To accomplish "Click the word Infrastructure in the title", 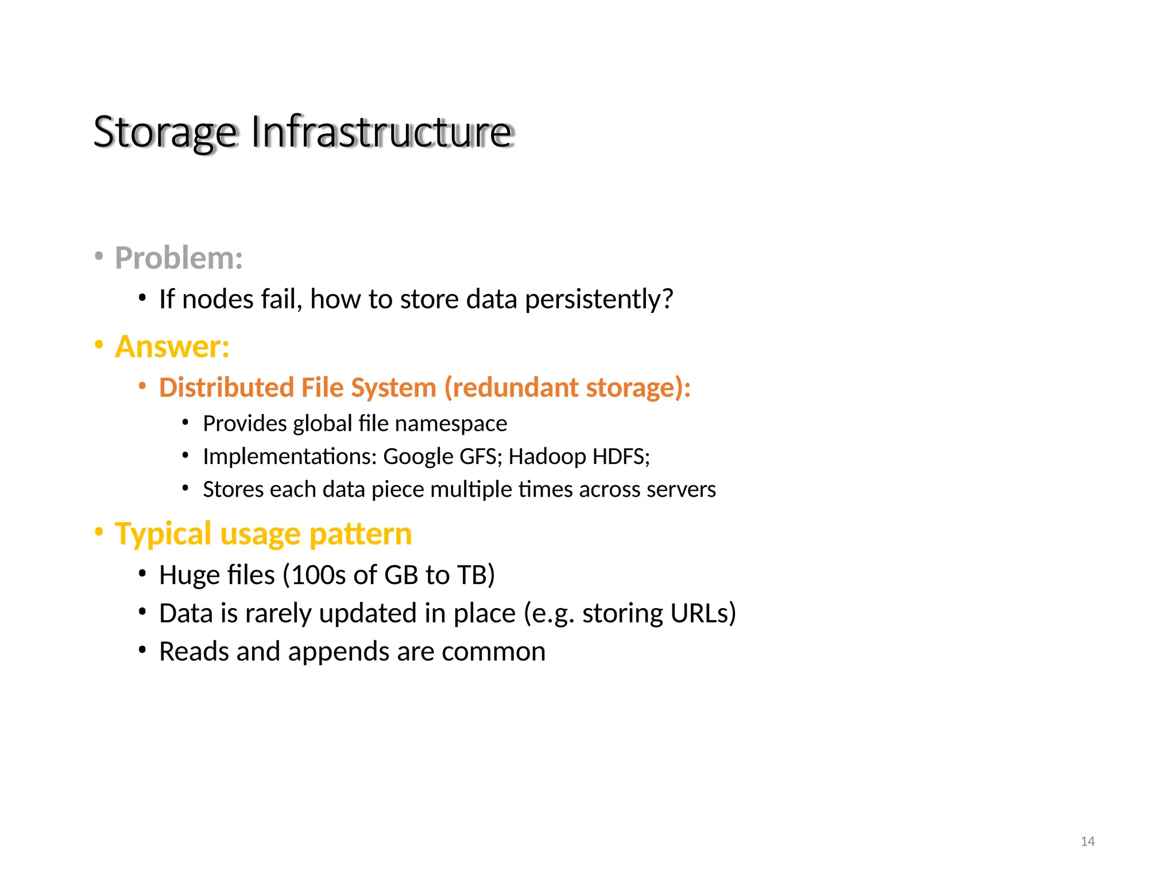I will [381, 132].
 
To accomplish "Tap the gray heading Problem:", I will [179, 258].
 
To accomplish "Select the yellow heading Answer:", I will [172, 347].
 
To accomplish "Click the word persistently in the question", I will [598, 300].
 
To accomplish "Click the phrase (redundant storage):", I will [567, 388].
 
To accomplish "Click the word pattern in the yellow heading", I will [360, 535].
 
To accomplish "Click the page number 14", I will [1087, 842].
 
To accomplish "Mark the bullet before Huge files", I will [142, 574].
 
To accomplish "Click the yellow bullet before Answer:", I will [99, 345].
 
